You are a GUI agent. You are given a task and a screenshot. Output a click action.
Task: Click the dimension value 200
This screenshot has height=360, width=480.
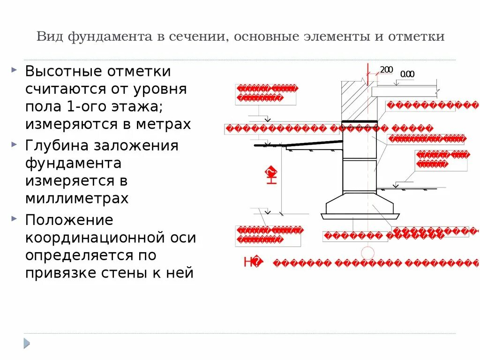386,70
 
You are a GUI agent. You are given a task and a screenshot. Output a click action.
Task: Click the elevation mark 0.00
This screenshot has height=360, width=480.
407,74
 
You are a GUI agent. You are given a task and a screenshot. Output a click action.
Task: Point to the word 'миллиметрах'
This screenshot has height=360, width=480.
77,198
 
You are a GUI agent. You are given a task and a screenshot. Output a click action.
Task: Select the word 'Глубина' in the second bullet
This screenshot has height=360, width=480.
56,145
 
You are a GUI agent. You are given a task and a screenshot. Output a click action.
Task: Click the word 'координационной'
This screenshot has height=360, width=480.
110,238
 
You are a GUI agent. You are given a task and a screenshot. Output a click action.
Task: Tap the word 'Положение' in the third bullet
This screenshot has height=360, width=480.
69,220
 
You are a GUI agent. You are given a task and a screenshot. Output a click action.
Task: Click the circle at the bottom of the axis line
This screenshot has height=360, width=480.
367,254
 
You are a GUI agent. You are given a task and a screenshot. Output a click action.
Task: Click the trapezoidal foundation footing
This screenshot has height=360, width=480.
360,203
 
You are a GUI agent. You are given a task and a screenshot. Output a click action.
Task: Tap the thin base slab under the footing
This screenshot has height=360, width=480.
360,216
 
